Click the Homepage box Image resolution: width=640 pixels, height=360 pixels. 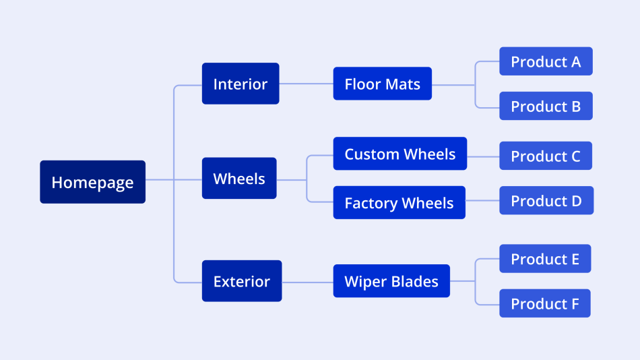[x=92, y=182]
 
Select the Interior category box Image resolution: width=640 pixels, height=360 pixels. [x=240, y=84]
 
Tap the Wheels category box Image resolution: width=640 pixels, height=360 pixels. [x=238, y=179]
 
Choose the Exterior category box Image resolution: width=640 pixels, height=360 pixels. [x=241, y=281]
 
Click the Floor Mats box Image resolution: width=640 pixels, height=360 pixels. [x=382, y=84]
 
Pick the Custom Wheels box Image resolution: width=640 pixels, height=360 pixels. [x=399, y=154]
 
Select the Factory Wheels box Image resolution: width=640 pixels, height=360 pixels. [x=399, y=203]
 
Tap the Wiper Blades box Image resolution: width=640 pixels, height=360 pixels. [x=391, y=281]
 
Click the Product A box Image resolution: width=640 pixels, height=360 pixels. [x=546, y=61]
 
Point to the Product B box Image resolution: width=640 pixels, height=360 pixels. [x=546, y=107]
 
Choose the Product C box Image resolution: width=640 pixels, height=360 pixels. [x=546, y=156]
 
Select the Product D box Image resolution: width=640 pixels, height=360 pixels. [x=546, y=201]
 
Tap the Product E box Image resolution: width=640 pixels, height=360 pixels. [x=545, y=259]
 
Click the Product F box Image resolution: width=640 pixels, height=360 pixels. [x=545, y=303]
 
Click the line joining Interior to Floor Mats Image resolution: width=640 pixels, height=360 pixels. [x=306, y=84]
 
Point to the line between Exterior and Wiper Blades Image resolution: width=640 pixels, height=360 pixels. [x=307, y=281]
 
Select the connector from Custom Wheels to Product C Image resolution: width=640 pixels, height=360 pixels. [x=483, y=156]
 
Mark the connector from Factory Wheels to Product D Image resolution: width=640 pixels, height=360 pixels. [x=482, y=201]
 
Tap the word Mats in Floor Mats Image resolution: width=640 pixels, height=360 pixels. [x=403, y=84]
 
